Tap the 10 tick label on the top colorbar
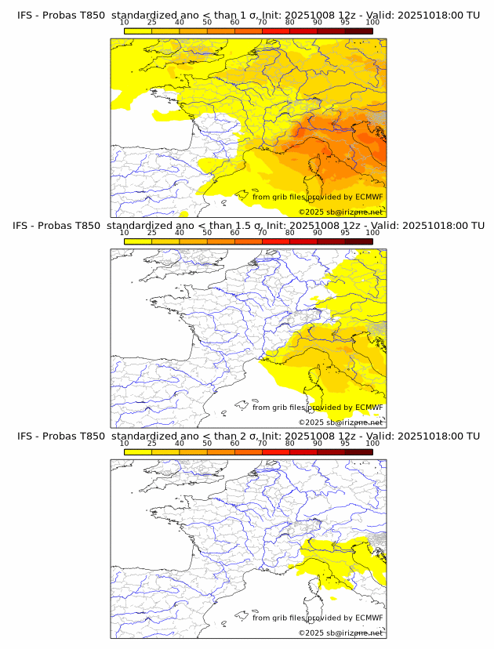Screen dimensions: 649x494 (125, 22)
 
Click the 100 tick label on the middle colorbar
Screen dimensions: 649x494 (372, 233)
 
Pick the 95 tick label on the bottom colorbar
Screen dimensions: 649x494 (345, 443)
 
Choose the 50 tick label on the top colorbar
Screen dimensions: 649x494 (207, 22)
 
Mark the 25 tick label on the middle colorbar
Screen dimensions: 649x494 (152, 233)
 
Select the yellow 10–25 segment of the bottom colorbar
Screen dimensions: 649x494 (138, 451)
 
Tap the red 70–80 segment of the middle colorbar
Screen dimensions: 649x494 (276, 241)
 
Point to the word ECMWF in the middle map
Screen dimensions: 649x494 (369, 408)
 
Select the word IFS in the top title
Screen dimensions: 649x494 (25, 15)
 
